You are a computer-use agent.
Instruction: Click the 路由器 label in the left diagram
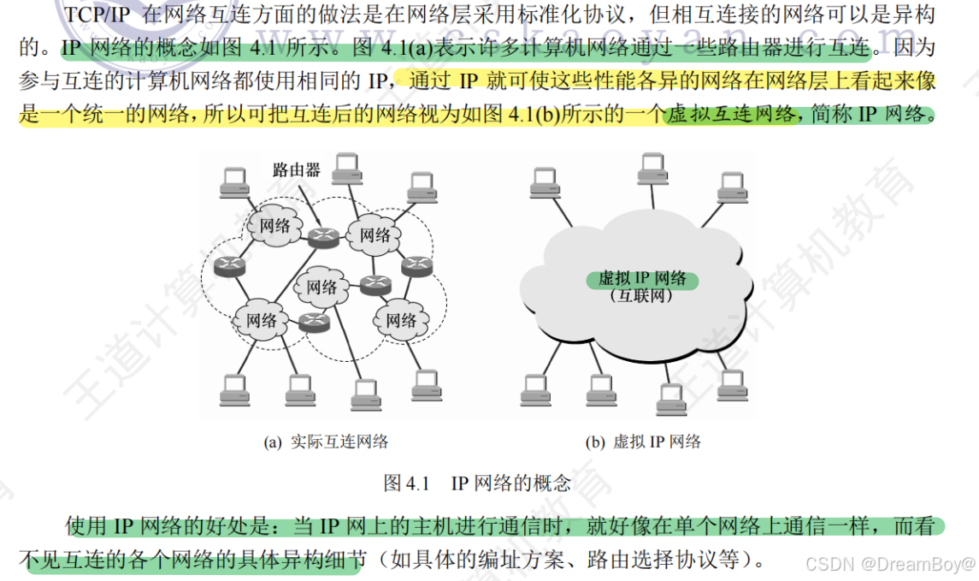pos(296,169)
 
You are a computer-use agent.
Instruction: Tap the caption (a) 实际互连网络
pos(327,442)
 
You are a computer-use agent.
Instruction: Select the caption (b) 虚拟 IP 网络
pos(643,442)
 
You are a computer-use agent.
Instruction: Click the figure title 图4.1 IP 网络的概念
pos(477,483)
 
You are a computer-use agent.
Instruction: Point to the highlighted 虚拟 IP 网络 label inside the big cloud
pos(642,279)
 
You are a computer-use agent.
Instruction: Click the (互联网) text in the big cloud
pos(642,296)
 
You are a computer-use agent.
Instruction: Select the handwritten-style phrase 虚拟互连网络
pos(730,114)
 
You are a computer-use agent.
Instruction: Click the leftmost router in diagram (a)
pos(229,265)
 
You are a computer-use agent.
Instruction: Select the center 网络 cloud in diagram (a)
pos(322,287)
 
